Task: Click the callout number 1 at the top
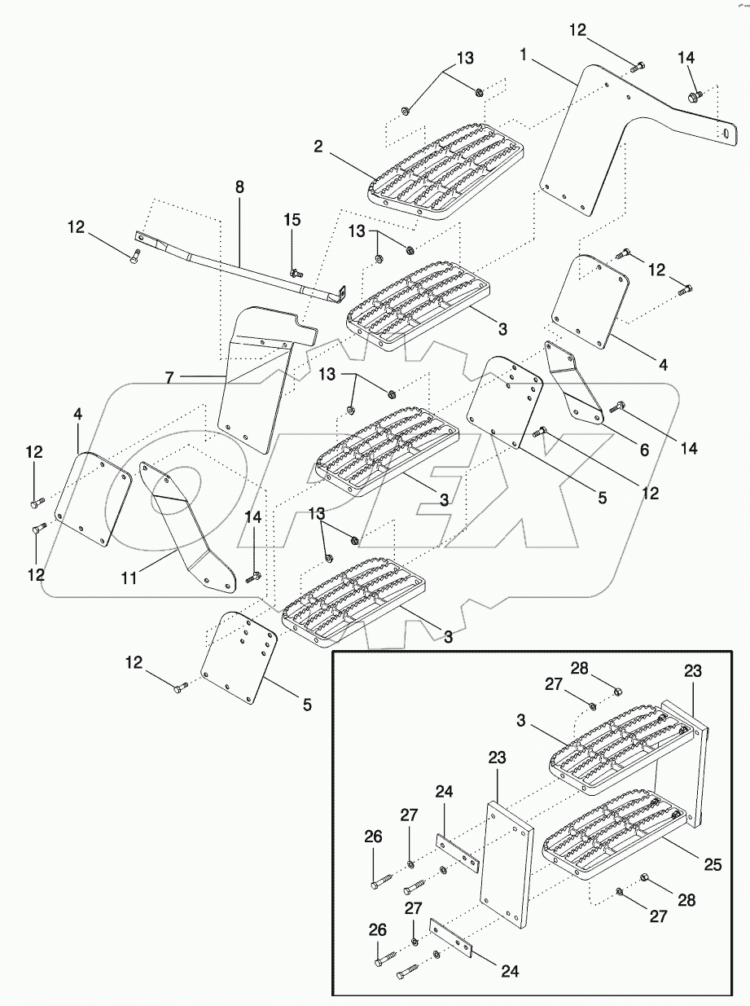pos(525,55)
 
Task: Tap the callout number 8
pos(239,187)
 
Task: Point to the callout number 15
pos(292,220)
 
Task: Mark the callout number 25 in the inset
pos(713,864)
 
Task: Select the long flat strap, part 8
pos(244,265)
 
